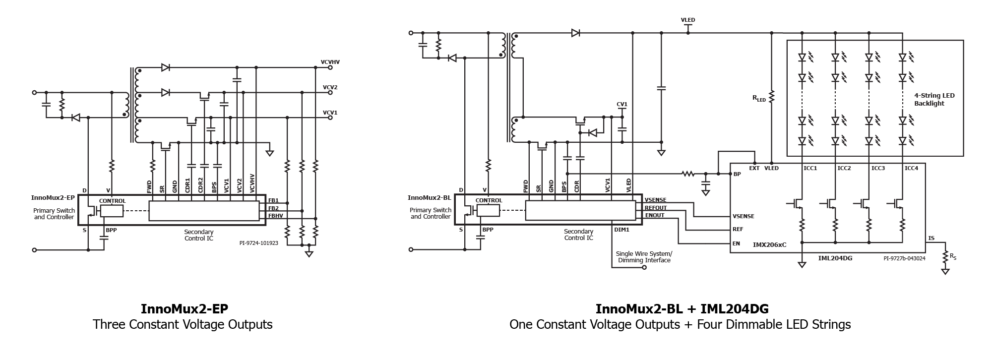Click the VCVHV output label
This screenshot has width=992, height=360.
[x=330, y=62]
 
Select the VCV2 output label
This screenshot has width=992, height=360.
[x=330, y=87]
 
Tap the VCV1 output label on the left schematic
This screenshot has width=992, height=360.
[x=330, y=113]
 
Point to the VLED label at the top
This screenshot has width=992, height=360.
[x=688, y=20]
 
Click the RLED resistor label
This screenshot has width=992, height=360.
[x=759, y=99]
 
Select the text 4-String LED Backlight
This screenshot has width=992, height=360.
[x=934, y=99]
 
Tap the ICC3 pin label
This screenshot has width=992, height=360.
[x=878, y=168]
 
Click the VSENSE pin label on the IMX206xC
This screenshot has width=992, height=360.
[x=744, y=216]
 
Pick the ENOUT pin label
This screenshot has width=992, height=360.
[x=655, y=215]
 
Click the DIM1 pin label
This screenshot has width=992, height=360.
[x=622, y=230]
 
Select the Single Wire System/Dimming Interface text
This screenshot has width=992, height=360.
[x=644, y=257]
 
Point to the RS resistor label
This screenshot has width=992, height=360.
[x=953, y=256]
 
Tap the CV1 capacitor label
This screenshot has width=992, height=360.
[x=622, y=104]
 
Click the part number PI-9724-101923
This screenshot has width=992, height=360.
[x=259, y=243]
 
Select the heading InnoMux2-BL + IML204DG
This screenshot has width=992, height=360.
[x=682, y=309]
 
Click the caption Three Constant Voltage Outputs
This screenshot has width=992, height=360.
[x=183, y=325]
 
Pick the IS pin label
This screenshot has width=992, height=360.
[x=931, y=239]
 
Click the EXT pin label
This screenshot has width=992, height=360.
[x=754, y=168]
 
